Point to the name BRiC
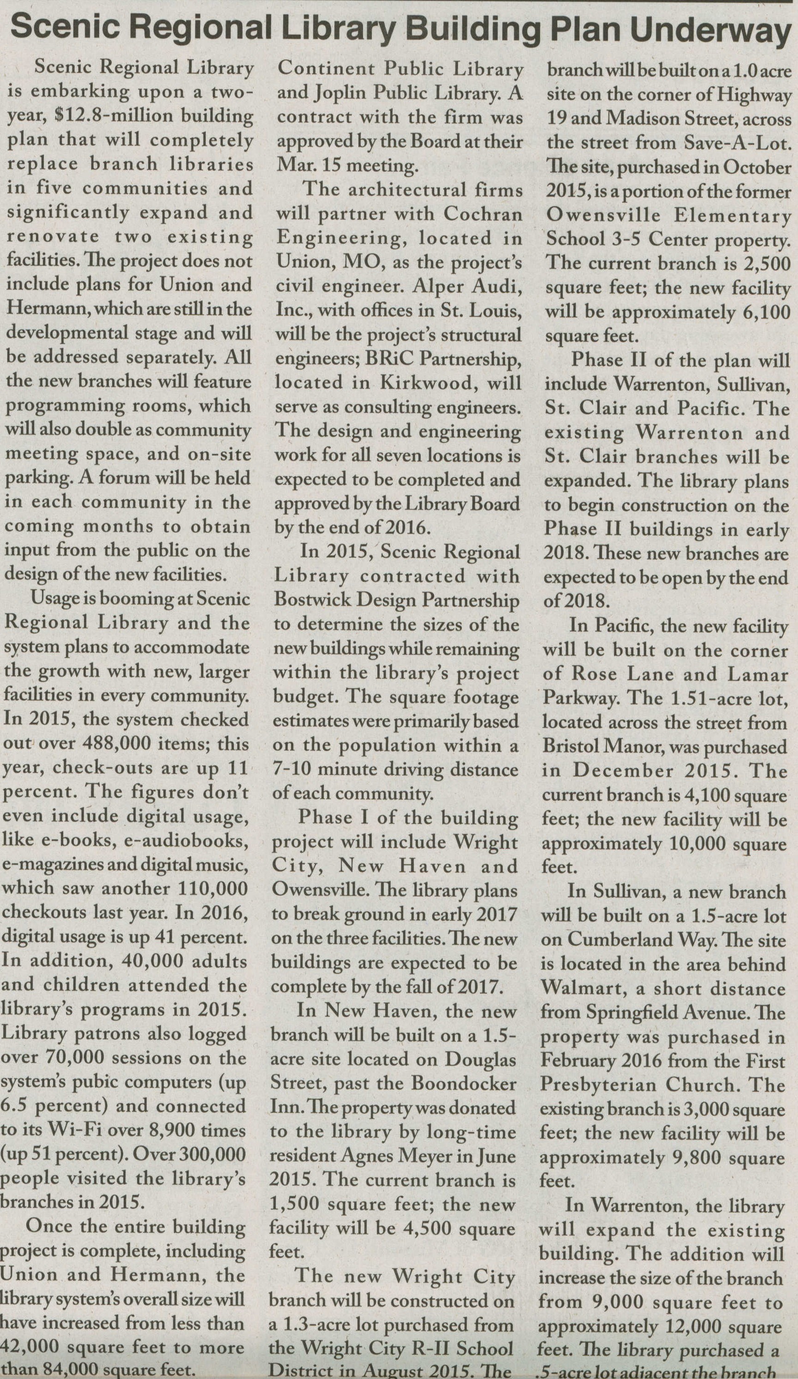(x=372, y=359)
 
